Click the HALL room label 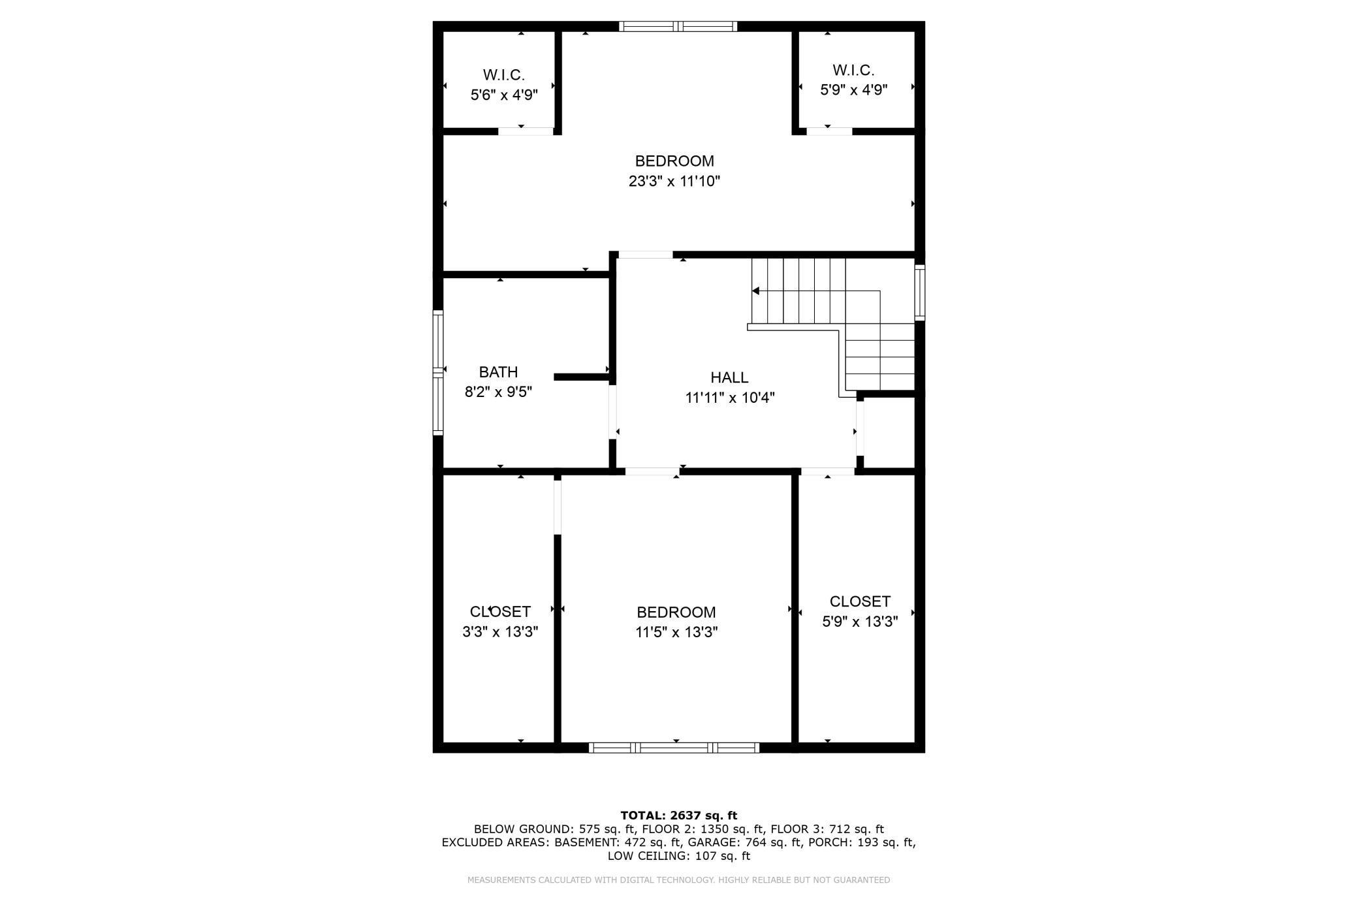click(729, 377)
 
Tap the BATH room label click(498, 372)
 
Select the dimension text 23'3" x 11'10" click(674, 181)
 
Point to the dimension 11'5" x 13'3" click(676, 632)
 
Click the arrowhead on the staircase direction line click(756, 291)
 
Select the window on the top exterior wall click(678, 26)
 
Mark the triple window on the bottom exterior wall click(674, 748)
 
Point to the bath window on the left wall click(438, 372)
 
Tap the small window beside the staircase click(919, 292)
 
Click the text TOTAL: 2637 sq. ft click(678, 815)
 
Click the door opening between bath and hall click(612, 411)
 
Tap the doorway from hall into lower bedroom click(652, 471)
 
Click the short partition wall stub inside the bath click(581, 377)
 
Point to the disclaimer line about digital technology click(678, 880)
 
